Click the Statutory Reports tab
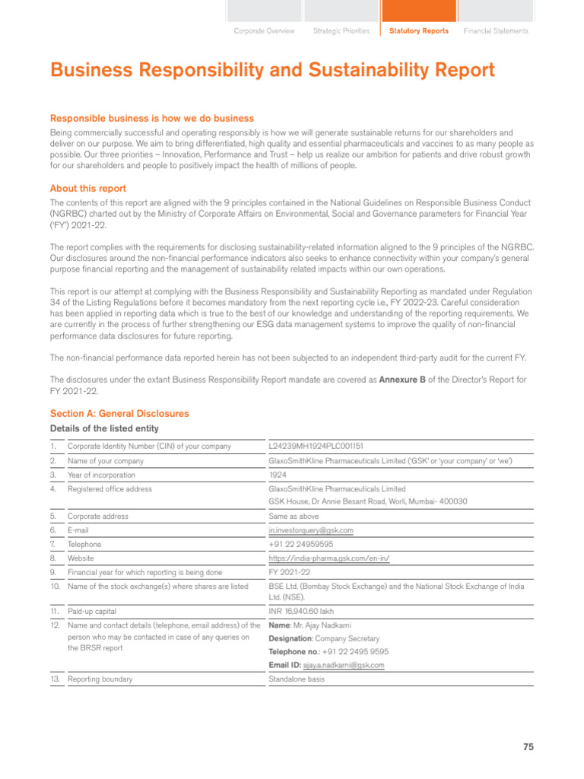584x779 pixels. click(418, 31)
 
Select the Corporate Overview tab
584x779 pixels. click(264, 31)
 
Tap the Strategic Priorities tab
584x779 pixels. click(341, 31)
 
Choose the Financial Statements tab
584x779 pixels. click(496, 31)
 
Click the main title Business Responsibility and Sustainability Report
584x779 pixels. click(272, 71)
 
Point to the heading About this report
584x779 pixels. click(88, 189)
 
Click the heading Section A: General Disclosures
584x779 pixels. click(119, 413)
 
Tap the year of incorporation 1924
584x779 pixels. click(278, 475)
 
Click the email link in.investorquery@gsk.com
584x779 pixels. click(311, 530)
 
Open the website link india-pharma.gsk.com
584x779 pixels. click(329, 558)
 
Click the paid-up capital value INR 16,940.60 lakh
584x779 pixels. click(301, 611)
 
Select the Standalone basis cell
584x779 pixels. click(297, 679)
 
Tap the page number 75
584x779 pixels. click(528, 747)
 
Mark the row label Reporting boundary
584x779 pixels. click(100, 679)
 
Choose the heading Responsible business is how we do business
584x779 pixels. click(152, 118)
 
